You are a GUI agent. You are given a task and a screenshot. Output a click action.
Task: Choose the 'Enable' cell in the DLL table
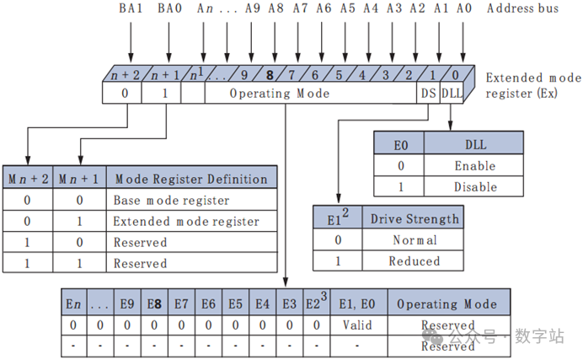pos(475,166)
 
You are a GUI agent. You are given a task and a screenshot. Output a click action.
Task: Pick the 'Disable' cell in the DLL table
pos(475,186)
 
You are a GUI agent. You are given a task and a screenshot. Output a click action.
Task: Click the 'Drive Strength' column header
pos(415,218)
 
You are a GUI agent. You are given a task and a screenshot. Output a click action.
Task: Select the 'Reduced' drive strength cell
pos(415,261)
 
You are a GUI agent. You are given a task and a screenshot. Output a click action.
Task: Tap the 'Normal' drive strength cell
pos(415,239)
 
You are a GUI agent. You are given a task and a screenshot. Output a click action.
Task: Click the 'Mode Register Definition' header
pos(190,179)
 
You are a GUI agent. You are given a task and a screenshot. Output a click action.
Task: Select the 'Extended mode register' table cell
pos(186,222)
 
